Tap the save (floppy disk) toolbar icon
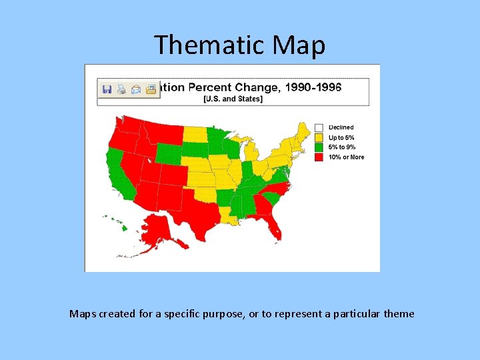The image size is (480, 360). (x=107, y=89)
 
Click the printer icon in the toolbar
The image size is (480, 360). (x=121, y=89)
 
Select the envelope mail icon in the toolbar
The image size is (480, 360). (x=136, y=89)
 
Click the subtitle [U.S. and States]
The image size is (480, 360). (x=233, y=99)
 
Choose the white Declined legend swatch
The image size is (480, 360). (x=319, y=127)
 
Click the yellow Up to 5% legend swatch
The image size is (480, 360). (x=319, y=137)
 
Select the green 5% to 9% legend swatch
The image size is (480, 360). (x=319, y=147)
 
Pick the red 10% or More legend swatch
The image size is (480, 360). (x=319, y=157)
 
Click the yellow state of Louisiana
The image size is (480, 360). (x=229, y=215)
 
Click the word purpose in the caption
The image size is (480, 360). (x=218, y=313)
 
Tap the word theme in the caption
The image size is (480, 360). (x=399, y=313)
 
